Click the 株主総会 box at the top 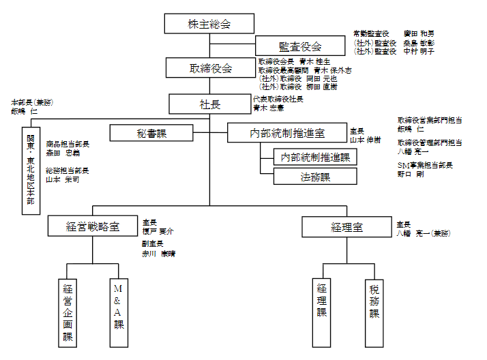tap(209, 24)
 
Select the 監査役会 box tap(300, 46)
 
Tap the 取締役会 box tap(209, 68)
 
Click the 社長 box tap(209, 104)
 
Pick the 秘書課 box tap(152, 133)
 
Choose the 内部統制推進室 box tap(286, 133)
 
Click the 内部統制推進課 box tap(315, 157)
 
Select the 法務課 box tap(315, 177)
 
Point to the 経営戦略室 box tap(93, 226)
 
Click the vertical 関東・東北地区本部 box tap(31, 170)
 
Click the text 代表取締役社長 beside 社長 tap(278, 99)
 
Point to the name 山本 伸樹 tap(366, 139)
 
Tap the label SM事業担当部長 tap(425, 165)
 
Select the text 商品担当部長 tap(68, 144)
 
